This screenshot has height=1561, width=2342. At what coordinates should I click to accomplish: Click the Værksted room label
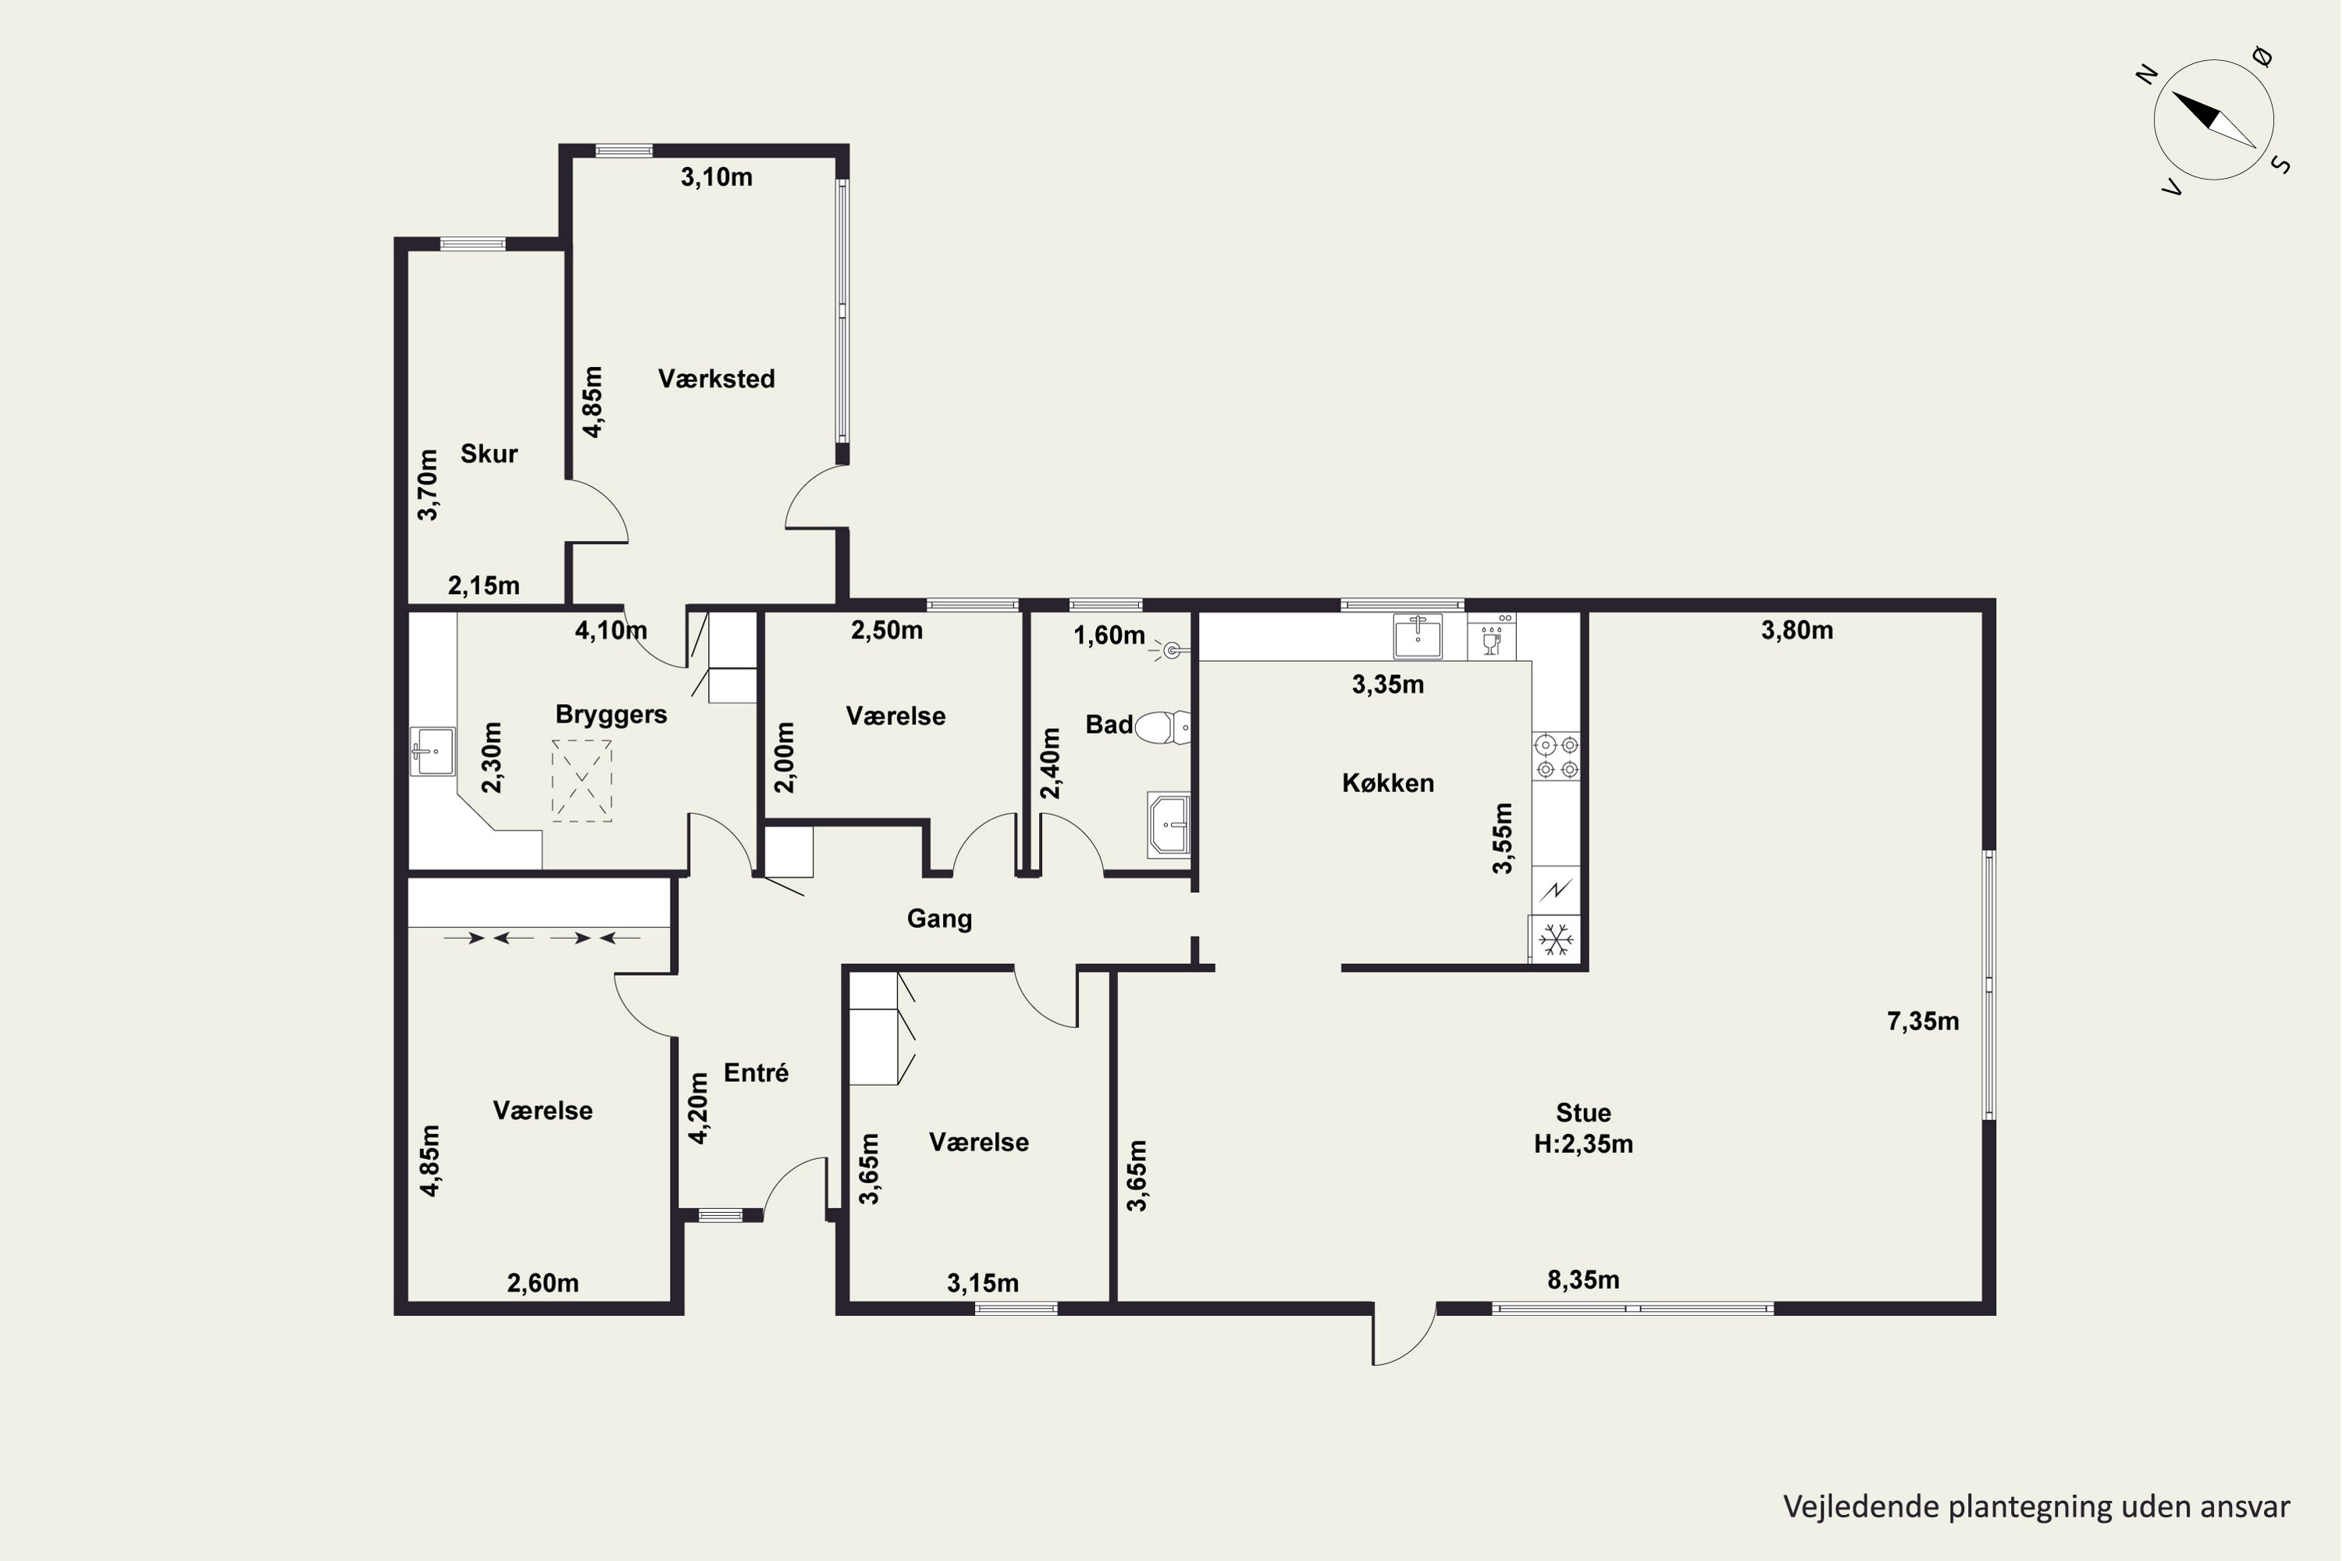(716, 379)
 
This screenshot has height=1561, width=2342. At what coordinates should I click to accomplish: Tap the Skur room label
(489, 454)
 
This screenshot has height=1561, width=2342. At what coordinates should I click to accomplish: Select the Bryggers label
(611, 715)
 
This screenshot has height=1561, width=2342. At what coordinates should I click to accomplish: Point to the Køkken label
(1388, 784)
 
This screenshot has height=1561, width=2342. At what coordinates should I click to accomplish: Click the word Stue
(1583, 1113)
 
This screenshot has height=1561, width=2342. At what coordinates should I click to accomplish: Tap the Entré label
(756, 1073)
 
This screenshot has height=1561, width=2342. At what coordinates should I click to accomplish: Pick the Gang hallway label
(939, 919)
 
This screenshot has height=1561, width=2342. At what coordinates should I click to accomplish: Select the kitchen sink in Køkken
(1418, 637)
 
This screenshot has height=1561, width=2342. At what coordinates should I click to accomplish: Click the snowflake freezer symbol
(1555, 939)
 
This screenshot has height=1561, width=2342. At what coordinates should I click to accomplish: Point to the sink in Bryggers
(433, 752)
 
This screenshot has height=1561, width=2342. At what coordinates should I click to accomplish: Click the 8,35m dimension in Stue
(1583, 1280)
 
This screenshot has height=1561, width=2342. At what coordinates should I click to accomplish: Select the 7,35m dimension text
(1923, 1022)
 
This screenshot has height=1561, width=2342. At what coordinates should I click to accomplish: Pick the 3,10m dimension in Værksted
(716, 177)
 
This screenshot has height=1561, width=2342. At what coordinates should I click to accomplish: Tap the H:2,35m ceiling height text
(1583, 1145)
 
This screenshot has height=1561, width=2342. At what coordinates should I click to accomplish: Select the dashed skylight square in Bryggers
(582, 781)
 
